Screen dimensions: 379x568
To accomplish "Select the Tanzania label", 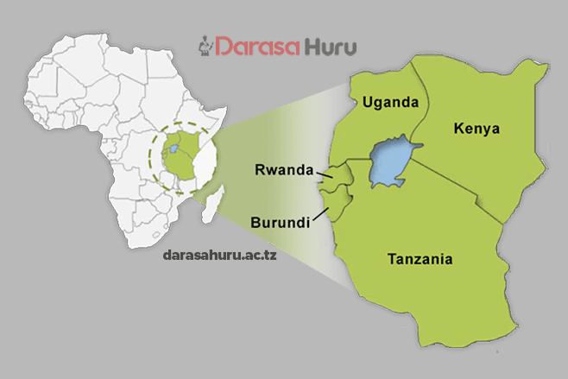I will [420, 258].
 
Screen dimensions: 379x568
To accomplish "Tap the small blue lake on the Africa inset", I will [175, 148].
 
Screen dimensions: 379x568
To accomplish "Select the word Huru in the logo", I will [328, 45].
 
